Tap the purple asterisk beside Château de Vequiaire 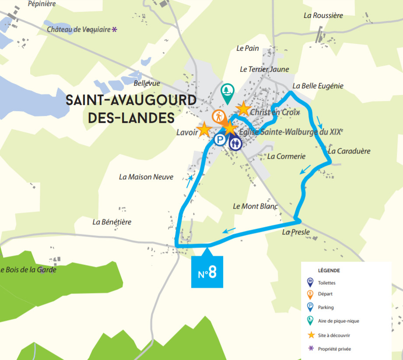coord(115,30)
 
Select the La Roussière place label coord(323,15)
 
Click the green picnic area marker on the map coord(227,92)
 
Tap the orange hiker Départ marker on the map coord(219,117)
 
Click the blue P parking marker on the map coord(220,140)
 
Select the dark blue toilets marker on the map coord(236,143)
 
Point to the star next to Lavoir coord(204,129)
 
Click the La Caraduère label coord(349,151)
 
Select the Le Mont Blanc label coord(255,206)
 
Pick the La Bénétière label coord(112,222)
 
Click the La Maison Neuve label coord(146,177)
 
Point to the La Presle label coord(296,232)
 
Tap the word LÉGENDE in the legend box coord(329,270)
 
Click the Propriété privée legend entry coord(334,349)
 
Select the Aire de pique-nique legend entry coord(338,321)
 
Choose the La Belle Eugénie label coord(318,86)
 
